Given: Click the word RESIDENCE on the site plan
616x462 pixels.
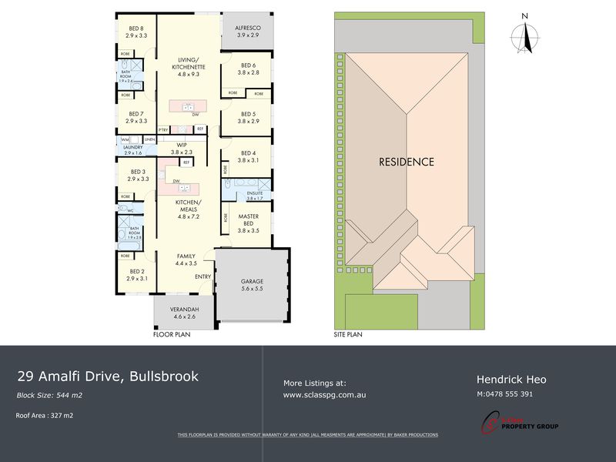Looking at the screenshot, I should (406, 162).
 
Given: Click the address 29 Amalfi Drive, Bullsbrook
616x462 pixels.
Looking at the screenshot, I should (108, 377).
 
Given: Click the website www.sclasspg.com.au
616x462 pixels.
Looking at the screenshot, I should (324, 394).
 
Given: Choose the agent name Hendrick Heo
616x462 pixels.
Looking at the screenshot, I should (511, 379).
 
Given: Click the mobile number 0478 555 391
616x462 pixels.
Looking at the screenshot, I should (505, 394).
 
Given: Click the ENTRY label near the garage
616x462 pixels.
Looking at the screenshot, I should (203, 277).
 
